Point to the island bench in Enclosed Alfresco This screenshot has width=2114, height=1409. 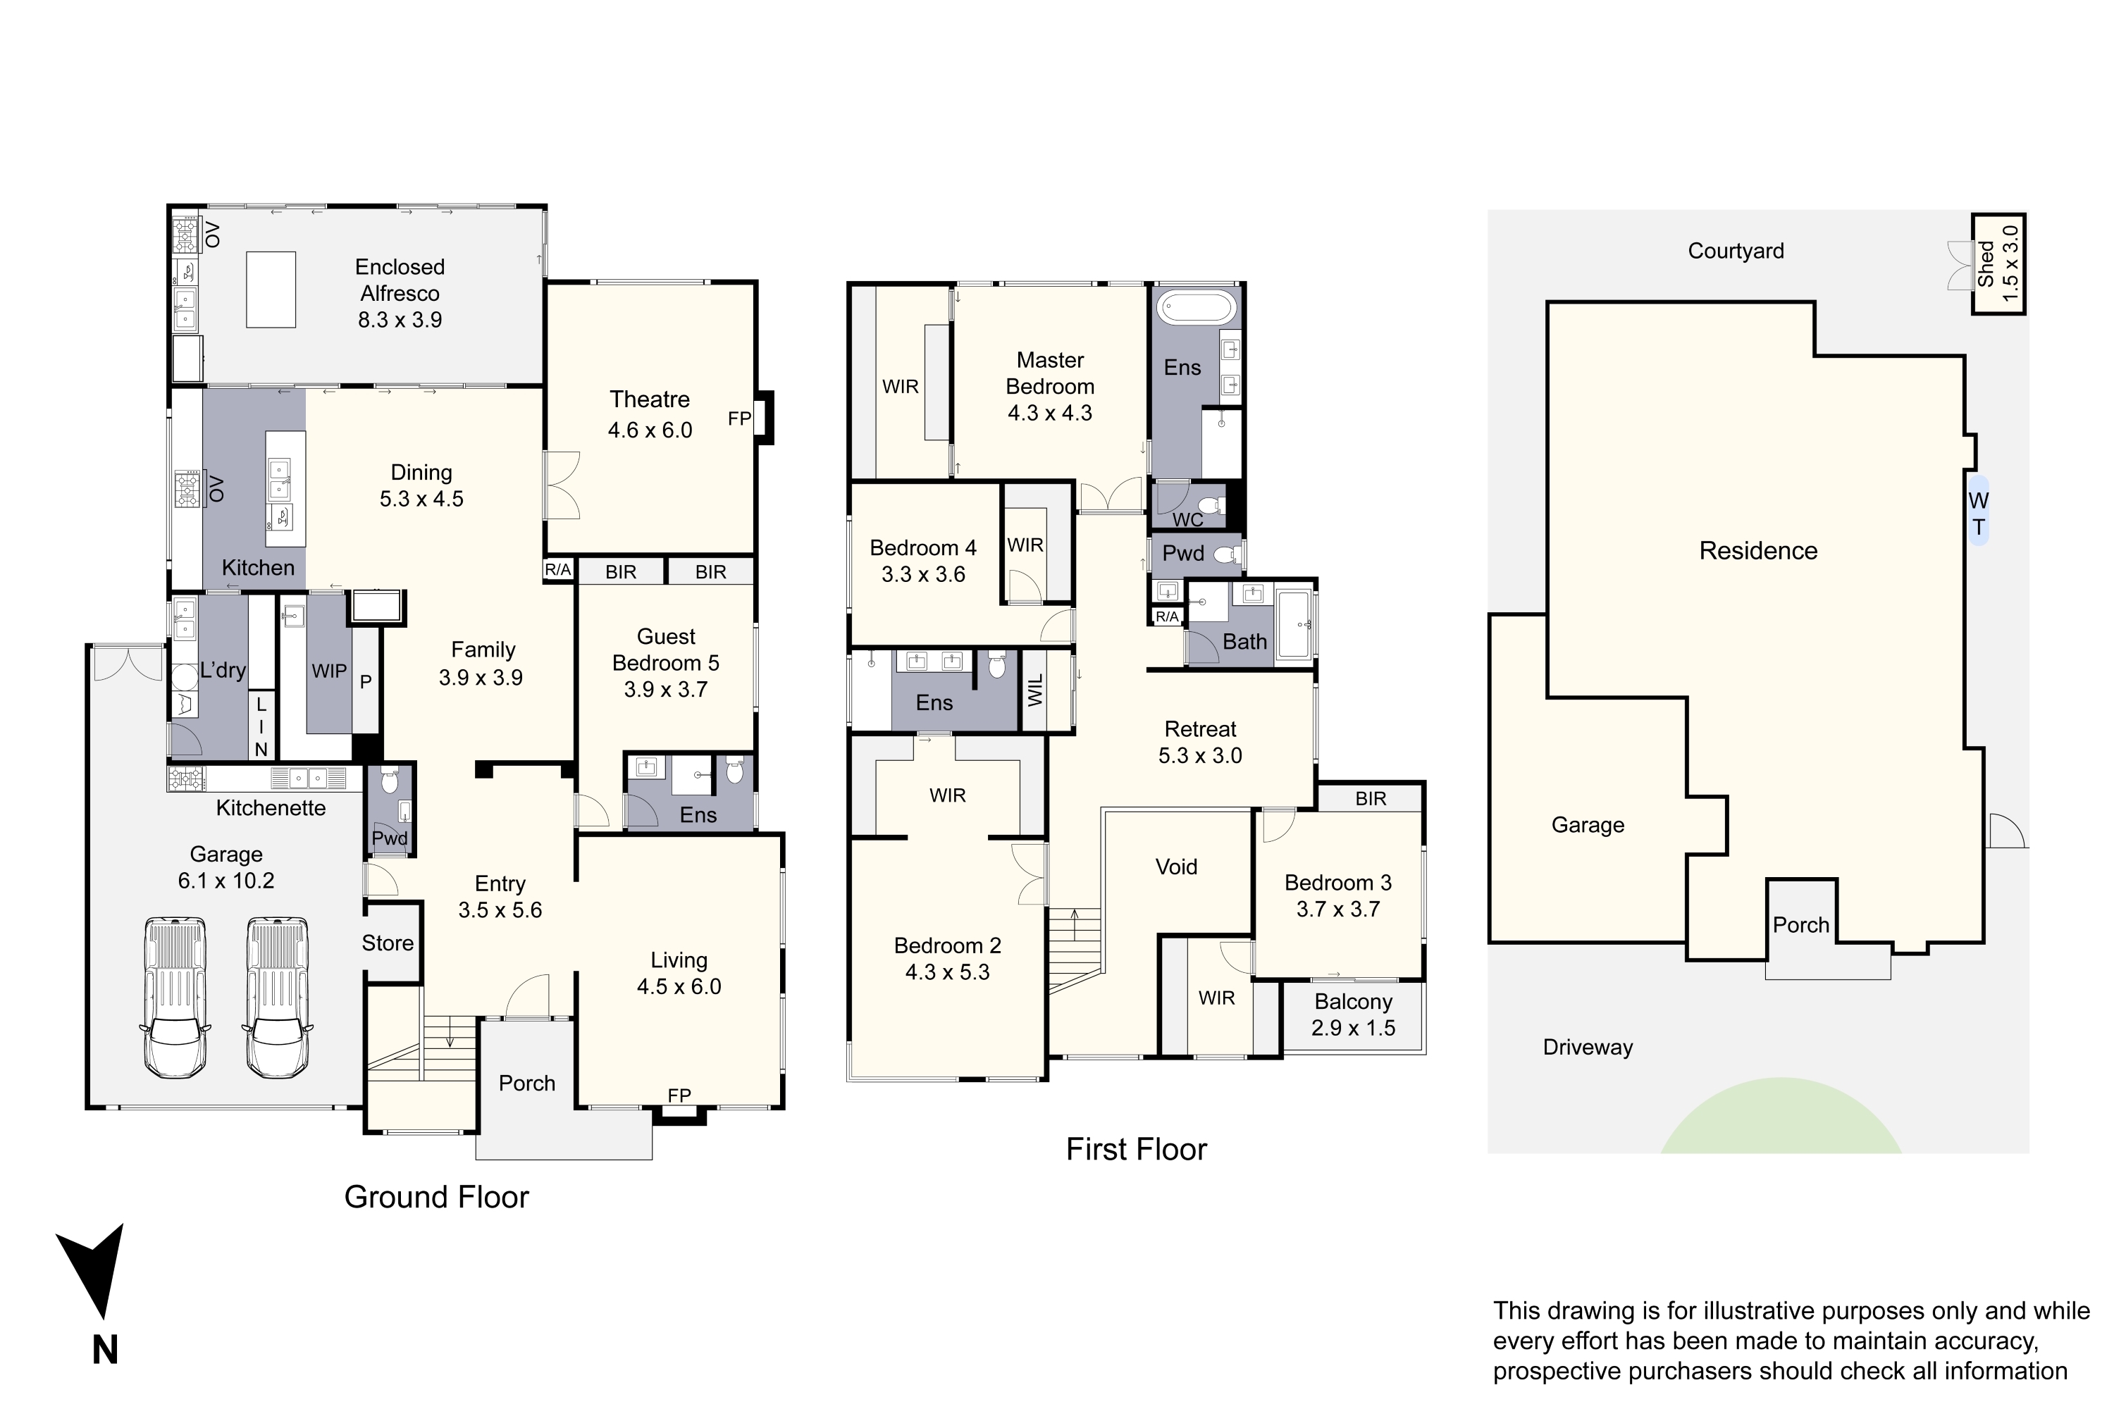click(271, 290)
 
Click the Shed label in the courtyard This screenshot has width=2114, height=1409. click(1986, 263)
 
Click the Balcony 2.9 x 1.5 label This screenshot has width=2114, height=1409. click(1354, 1014)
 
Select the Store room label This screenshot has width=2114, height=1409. click(388, 943)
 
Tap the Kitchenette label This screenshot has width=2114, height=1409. click(271, 808)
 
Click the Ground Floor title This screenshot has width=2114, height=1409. click(437, 1197)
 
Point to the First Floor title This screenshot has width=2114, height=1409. click(1136, 1149)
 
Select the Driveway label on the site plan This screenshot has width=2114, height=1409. click(1588, 1047)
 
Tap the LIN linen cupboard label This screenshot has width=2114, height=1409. click(261, 727)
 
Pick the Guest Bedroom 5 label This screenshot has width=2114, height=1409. click(666, 663)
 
